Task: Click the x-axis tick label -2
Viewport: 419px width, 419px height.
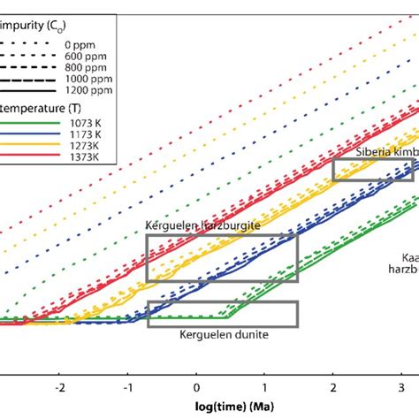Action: [x=60, y=386]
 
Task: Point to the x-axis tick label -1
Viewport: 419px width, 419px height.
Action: [x=128, y=386]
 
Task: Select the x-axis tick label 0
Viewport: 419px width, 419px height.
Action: [x=197, y=386]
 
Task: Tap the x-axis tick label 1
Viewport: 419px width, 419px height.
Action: [x=264, y=386]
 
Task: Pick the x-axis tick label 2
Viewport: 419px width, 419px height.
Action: [x=332, y=386]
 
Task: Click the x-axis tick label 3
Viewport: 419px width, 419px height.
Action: [x=400, y=386]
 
